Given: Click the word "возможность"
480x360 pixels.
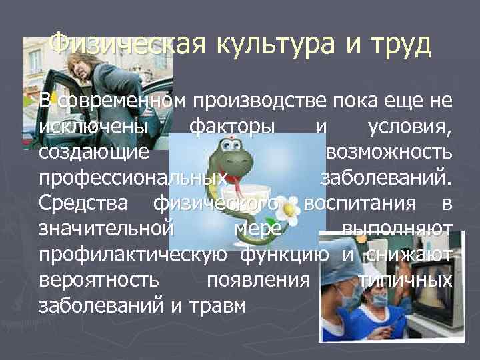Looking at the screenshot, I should click(x=389, y=153).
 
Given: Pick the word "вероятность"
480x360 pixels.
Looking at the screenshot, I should click(x=97, y=281).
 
